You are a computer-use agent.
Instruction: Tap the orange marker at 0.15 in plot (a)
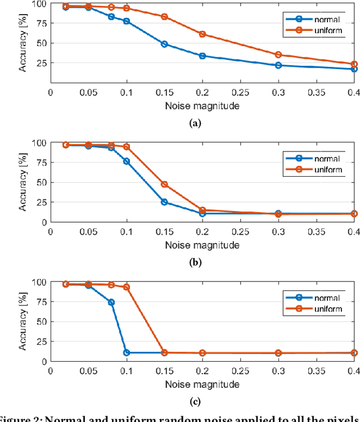164,17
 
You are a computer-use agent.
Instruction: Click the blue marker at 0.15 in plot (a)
164,44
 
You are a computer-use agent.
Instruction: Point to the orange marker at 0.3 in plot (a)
278,55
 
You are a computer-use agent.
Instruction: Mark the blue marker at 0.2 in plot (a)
202,56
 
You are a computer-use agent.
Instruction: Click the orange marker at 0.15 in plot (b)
164,184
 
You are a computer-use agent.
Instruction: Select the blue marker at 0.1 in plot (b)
127,161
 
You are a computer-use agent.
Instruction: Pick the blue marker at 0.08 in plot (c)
111,302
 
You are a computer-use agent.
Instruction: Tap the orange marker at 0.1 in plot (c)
127,287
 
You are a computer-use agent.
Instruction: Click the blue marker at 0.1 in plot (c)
127,353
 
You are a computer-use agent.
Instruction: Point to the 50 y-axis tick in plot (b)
39,182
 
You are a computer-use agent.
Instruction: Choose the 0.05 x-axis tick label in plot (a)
88,91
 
